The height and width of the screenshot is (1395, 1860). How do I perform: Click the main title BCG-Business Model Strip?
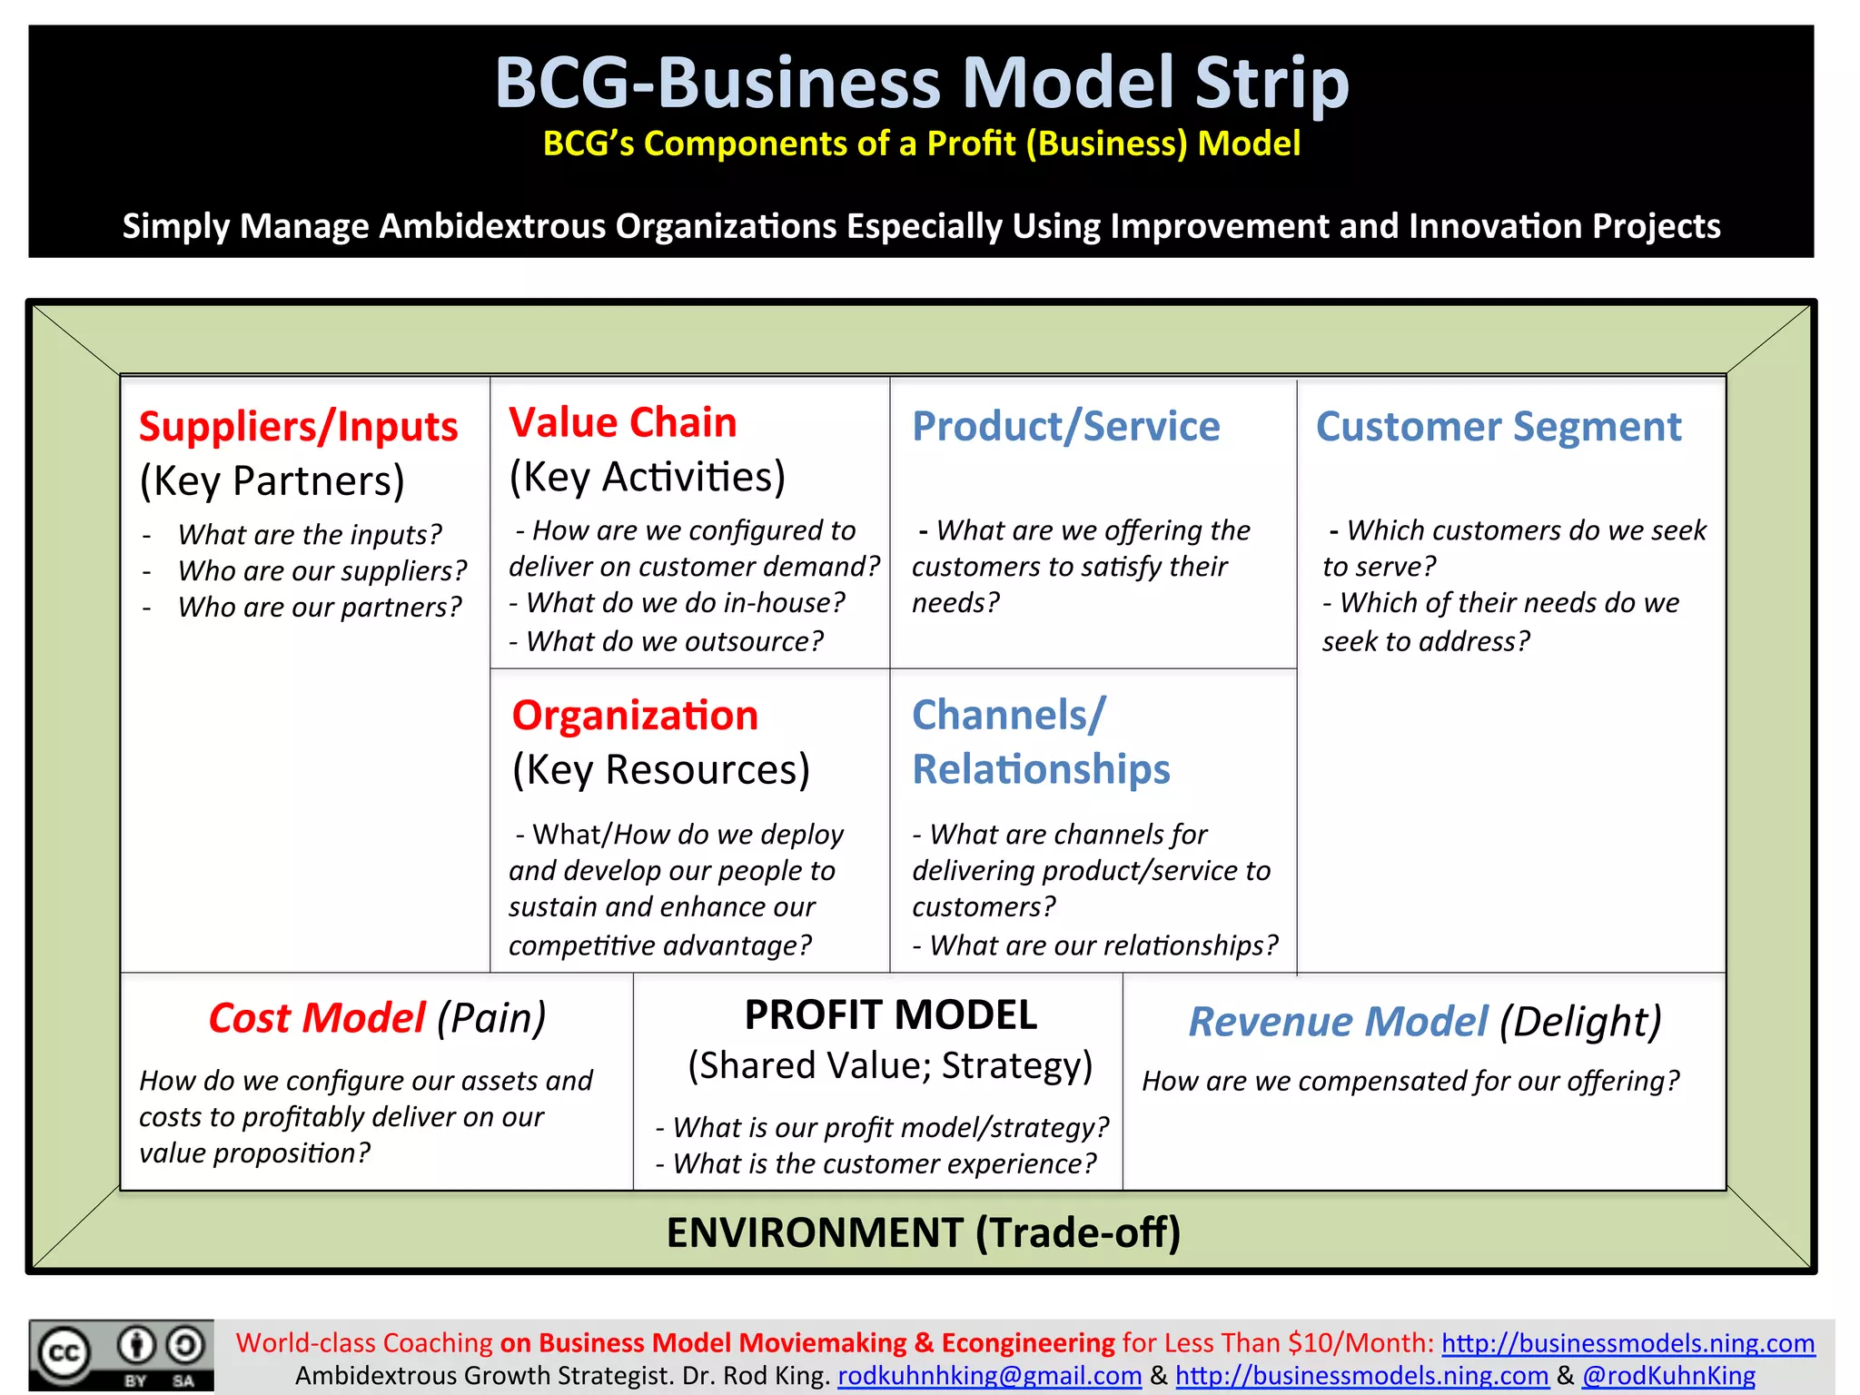[x=921, y=84]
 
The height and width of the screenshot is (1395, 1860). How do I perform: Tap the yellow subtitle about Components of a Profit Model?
[x=921, y=143]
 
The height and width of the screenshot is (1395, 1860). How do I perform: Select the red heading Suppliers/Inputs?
[x=298, y=427]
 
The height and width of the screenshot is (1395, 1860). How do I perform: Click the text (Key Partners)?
[x=272, y=480]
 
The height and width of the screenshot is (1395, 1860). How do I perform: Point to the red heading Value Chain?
[x=622, y=423]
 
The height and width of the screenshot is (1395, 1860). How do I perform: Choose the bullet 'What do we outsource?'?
[x=674, y=641]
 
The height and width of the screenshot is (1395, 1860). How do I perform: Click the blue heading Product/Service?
[x=1065, y=427]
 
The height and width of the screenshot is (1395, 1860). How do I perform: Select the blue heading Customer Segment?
[x=1499, y=427]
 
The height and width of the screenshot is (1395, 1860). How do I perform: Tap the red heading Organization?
[x=635, y=716]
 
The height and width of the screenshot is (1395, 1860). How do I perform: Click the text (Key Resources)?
[x=660, y=770]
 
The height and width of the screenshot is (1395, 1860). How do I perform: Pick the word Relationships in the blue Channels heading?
[x=1041, y=769]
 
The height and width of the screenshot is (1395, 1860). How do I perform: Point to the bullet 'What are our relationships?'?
[x=1103, y=945]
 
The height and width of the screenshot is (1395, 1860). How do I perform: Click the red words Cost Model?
[x=317, y=1018]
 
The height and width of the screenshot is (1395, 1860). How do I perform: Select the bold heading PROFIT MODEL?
[x=890, y=1015]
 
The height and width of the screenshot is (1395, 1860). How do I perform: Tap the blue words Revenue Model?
[x=1338, y=1022]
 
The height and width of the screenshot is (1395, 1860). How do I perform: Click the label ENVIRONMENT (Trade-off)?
[x=923, y=1233]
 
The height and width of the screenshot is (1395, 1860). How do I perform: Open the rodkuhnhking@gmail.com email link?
[x=989, y=1376]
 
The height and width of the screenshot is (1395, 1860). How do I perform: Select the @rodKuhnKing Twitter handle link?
[x=1668, y=1376]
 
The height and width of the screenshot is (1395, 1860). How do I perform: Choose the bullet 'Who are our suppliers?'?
[x=322, y=571]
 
